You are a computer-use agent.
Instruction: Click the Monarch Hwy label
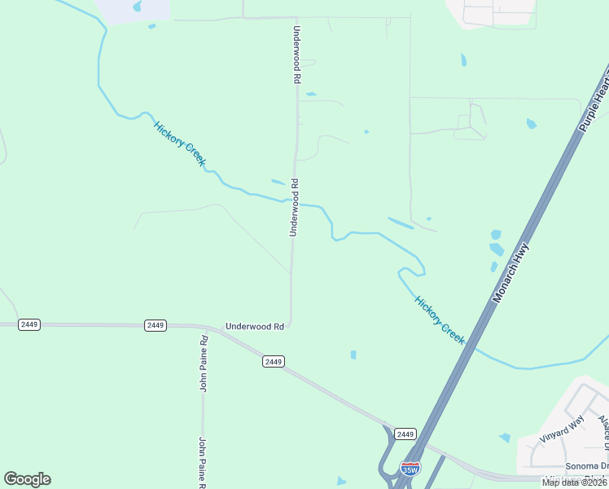click(511, 273)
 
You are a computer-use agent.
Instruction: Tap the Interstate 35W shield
click(410, 469)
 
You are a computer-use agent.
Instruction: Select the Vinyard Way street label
click(562, 428)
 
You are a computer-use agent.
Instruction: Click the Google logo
click(27, 479)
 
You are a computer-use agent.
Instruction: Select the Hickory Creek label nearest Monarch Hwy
click(440, 319)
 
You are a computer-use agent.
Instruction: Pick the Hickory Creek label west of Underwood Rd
click(179, 143)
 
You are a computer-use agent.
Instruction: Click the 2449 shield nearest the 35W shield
click(405, 434)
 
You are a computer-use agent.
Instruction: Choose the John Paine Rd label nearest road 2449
click(204, 362)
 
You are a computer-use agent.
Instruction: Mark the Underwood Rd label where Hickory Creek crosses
click(295, 208)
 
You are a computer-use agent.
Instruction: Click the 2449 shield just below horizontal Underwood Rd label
click(274, 361)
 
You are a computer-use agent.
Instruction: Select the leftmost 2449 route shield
click(29, 324)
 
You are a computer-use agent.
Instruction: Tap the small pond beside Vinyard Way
click(505, 438)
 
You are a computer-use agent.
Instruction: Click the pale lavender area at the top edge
click(134, 9)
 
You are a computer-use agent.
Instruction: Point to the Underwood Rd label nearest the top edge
click(297, 55)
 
